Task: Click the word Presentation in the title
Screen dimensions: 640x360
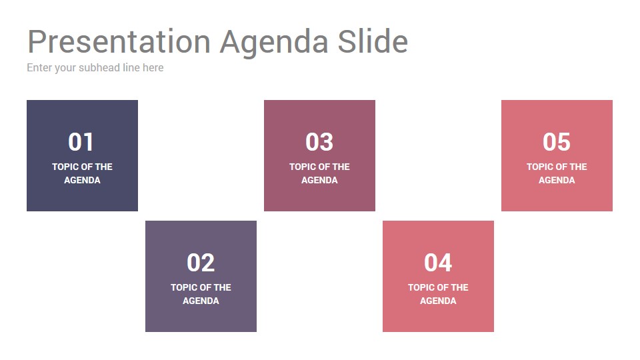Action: pyautogui.click(x=119, y=41)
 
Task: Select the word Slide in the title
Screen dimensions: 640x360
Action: pyautogui.click(x=373, y=41)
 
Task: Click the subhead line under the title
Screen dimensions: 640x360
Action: pyautogui.click(x=95, y=68)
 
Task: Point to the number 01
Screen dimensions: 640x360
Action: pyautogui.click(x=81, y=142)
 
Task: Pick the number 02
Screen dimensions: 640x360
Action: pyautogui.click(x=201, y=263)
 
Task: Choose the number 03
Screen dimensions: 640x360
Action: pyautogui.click(x=319, y=142)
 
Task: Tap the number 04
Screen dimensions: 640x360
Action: pyautogui.click(x=438, y=263)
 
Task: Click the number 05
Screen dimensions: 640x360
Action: pyautogui.click(x=556, y=142)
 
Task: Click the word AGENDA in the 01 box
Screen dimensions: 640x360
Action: pyautogui.click(x=82, y=180)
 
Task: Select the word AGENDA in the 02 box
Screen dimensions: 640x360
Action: pyautogui.click(x=201, y=301)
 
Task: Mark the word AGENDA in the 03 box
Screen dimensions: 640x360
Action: pyautogui.click(x=319, y=180)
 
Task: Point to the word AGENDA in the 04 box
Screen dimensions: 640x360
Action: pyautogui.click(x=438, y=301)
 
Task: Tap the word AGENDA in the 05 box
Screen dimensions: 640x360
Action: pyautogui.click(x=557, y=180)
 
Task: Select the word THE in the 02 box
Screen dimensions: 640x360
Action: pyautogui.click(x=223, y=287)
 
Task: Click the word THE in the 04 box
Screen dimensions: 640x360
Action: pyautogui.click(x=459, y=287)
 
